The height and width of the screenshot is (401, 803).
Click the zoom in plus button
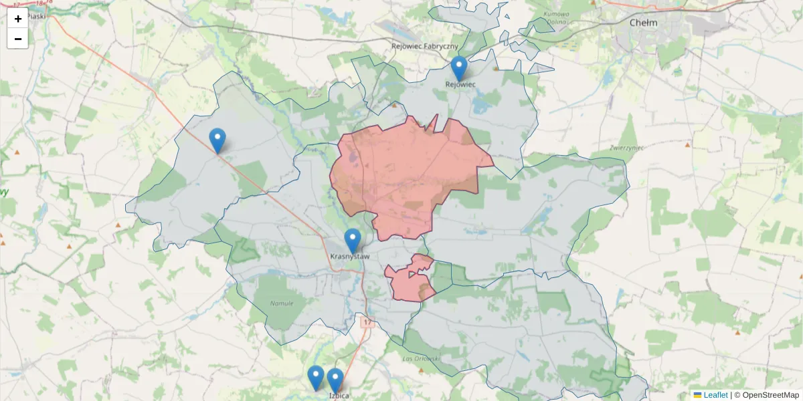18,19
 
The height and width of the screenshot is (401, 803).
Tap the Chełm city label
643,23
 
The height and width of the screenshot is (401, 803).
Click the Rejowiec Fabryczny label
425,46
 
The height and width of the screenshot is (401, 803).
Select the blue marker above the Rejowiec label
458,68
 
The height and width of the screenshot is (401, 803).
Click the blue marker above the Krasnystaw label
352,241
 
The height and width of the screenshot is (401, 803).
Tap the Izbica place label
339,395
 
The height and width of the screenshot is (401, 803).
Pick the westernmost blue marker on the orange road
217,140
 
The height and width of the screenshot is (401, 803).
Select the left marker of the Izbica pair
316,378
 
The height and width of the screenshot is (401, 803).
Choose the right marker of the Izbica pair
335,380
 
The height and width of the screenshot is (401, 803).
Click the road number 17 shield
367,322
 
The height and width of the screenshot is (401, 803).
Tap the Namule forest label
282,303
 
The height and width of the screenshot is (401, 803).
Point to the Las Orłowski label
422,359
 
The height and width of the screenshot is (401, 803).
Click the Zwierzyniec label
626,147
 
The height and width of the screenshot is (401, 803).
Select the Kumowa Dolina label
556,18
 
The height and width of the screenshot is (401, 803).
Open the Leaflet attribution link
715,395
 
